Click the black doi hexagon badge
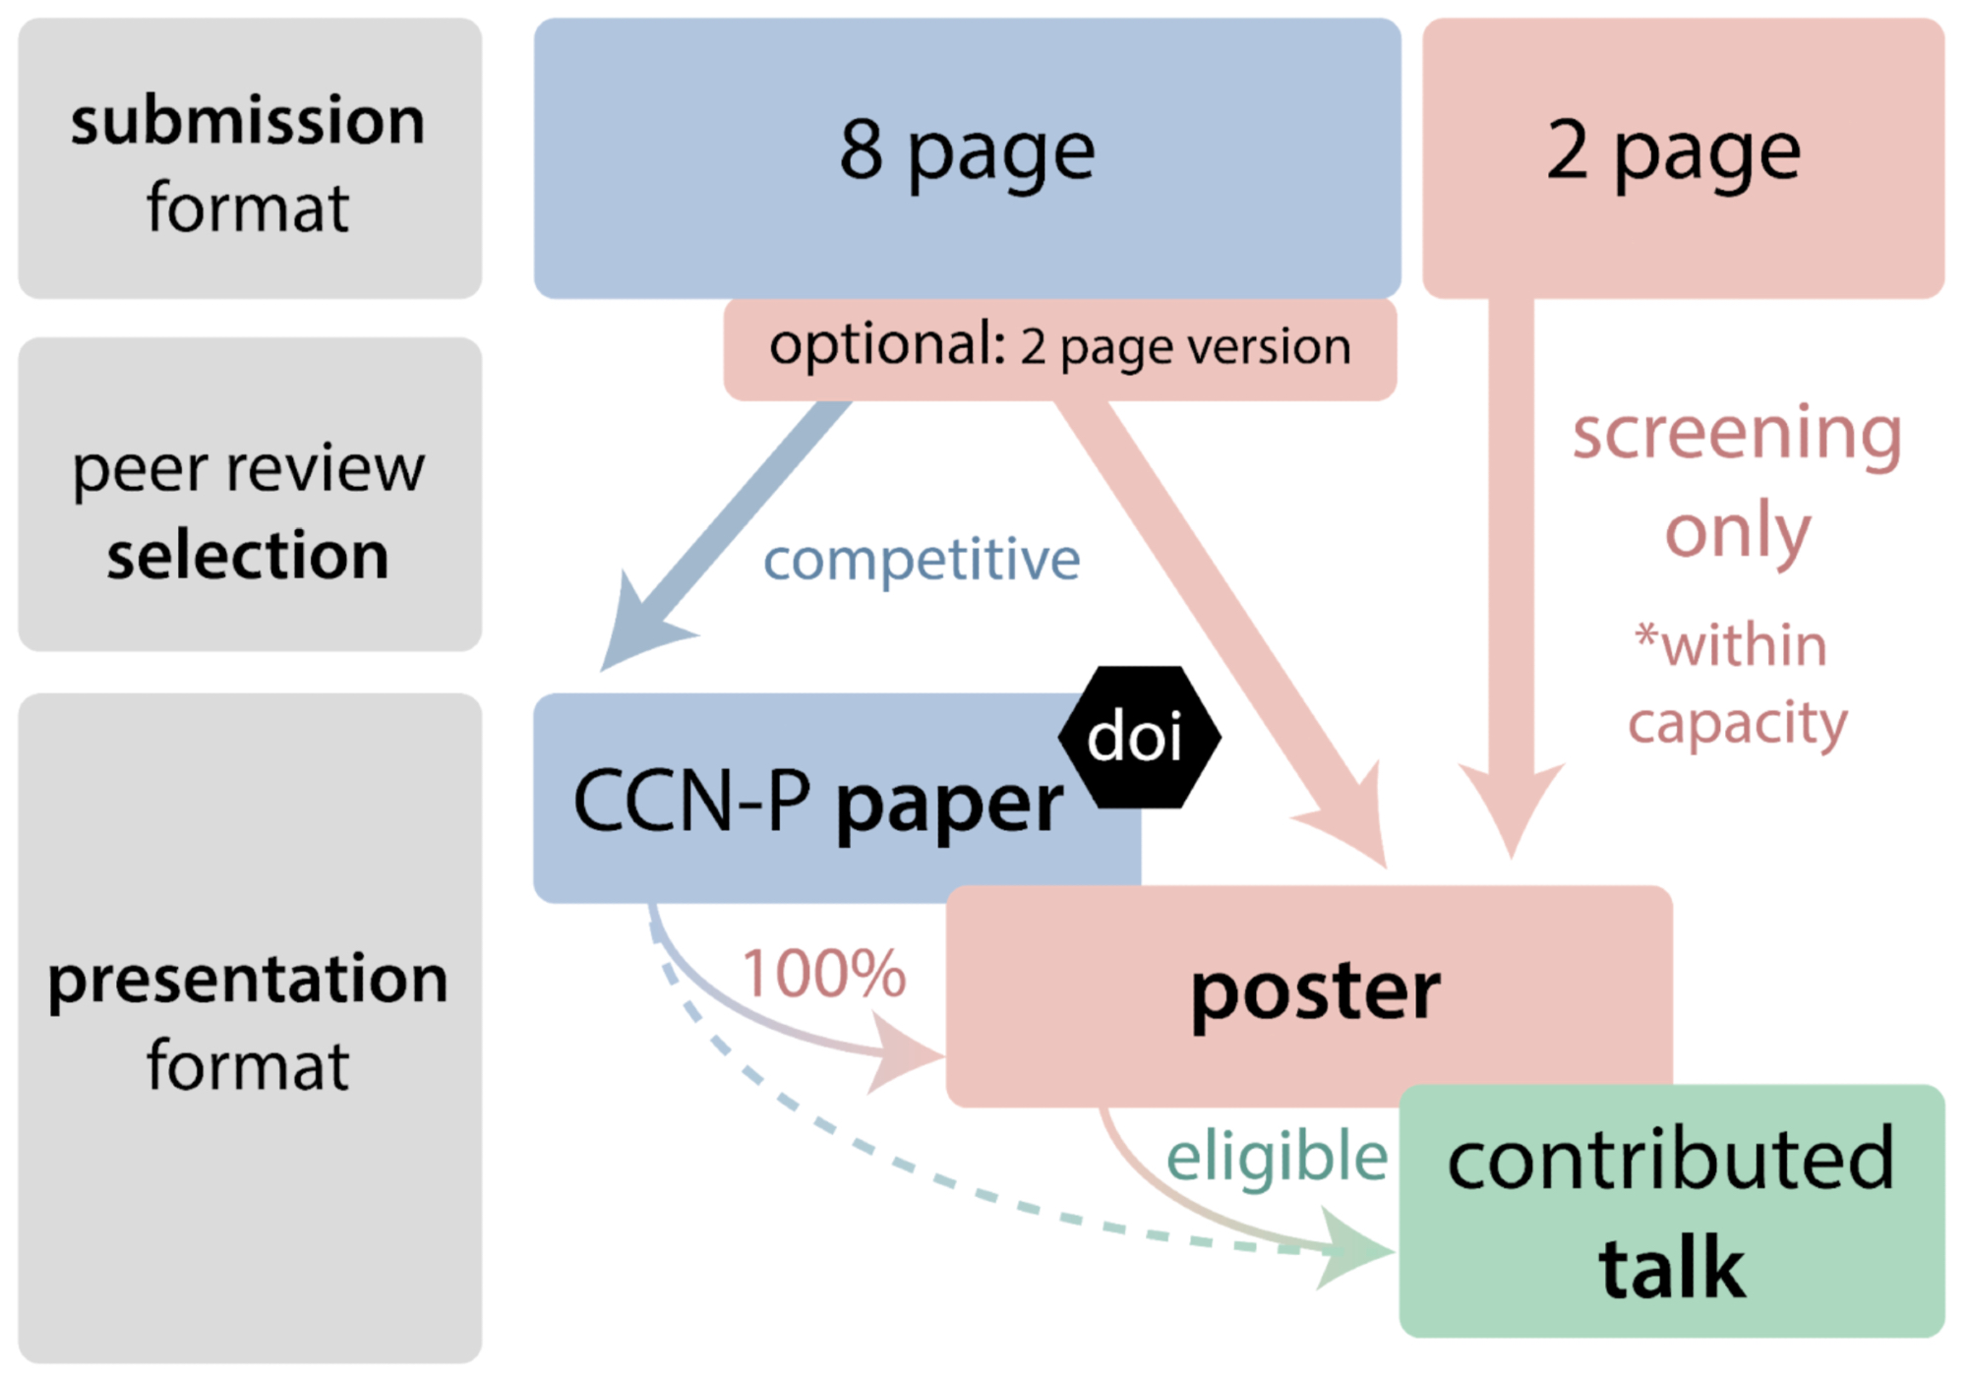pos(1139,738)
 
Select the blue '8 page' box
pos(967,157)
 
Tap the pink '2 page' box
pos(1682,157)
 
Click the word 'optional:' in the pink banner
pos(887,345)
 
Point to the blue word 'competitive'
pos(922,560)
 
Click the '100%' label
pos(823,975)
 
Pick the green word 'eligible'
pos(1277,1158)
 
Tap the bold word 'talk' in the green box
pos(1672,1269)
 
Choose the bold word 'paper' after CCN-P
pos(949,804)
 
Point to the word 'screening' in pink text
pos(1737,434)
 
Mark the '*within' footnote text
pos(1731,645)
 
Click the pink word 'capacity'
pos(1738,723)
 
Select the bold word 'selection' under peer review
pos(248,556)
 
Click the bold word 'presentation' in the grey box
pos(248,980)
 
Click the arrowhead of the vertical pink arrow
pos(1512,807)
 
